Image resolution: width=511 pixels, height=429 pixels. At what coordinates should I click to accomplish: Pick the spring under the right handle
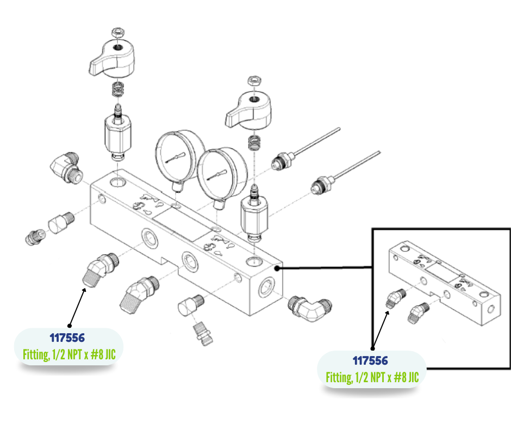pos(253,143)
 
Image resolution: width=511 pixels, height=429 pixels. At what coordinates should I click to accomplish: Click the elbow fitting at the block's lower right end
pos(310,308)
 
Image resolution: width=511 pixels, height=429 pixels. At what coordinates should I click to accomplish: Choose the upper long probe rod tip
pos(338,129)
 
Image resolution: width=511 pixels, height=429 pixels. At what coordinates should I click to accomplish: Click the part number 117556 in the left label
pos(67,339)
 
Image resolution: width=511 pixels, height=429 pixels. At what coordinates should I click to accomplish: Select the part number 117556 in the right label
pos(371,360)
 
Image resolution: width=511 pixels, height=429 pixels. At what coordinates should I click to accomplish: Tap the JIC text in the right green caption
pos(412,377)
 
